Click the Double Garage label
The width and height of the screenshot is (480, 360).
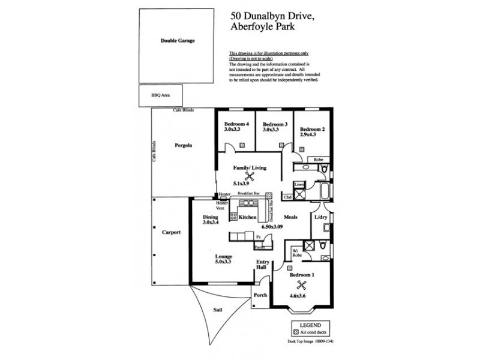[x=178, y=41]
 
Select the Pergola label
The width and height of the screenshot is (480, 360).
[x=183, y=146]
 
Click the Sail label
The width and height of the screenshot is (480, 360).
[x=218, y=310]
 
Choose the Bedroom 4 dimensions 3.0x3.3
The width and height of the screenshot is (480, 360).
[x=232, y=130]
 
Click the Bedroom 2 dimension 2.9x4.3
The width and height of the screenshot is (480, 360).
[x=308, y=135]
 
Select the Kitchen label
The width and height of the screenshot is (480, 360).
[x=248, y=217]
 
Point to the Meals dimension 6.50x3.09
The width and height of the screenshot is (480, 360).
[x=272, y=227]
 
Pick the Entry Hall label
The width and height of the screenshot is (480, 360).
[x=262, y=265]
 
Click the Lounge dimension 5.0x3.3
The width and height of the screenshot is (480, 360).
[x=223, y=262]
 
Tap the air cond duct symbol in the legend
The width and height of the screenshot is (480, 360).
[x=296, y=332]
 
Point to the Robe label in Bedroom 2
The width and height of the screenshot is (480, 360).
[x=319, y=160]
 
